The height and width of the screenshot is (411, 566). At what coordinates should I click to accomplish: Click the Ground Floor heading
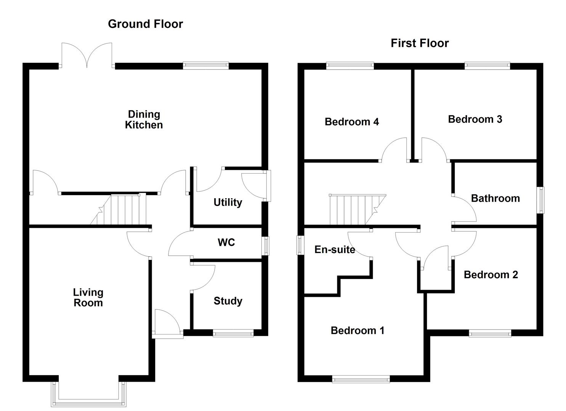tap(145, 24)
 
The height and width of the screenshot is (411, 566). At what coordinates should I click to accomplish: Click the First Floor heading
tap(419, 43)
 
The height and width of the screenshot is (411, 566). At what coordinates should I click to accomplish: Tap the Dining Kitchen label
tap(144, 119)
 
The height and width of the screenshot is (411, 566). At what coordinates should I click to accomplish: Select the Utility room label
tap(228, 202)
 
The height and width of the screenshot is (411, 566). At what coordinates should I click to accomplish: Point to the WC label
tap(226, 242)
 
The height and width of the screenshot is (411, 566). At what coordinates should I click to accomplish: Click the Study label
tap(228, 301)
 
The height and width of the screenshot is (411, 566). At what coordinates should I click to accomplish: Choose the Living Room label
tap(88, 298)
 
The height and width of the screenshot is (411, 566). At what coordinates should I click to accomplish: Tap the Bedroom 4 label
tap(351, 122)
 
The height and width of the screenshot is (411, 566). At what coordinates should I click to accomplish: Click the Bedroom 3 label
tap(475, 119)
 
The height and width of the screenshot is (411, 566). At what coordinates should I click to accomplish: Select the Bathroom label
tap(495, 198)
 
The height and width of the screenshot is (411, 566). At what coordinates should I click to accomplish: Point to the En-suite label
tap(334, 250)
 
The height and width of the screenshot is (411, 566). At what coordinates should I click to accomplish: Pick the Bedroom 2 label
tap(491, 275)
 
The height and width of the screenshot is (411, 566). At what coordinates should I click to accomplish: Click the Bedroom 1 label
tap(357, 330)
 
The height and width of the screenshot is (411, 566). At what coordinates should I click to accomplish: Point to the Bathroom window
tap(540, 200)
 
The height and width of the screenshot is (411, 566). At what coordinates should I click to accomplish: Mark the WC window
tap(266, 245)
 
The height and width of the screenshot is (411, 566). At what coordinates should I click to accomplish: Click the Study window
tap(233, 334)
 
